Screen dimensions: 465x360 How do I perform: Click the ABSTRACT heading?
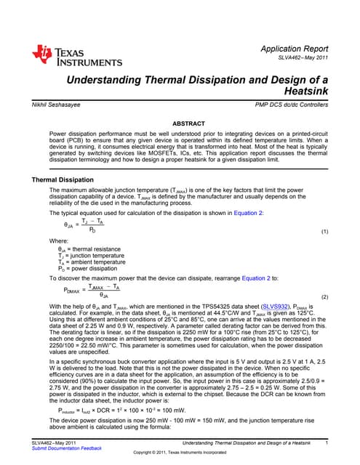coord(180,124)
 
